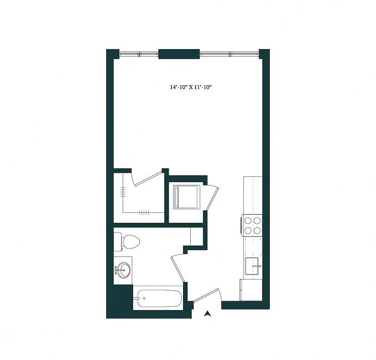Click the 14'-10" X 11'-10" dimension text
pos(191,87)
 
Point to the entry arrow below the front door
pos(207,314)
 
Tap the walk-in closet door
pos(149,177)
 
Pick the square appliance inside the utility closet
pos(186,197)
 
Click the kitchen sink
pos(252,266)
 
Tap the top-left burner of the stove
pos(248,220)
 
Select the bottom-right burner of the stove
pos(257,230)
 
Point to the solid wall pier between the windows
pos(179,54)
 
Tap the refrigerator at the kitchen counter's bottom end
pos(251,290)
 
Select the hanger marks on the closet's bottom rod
pos(143,212)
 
